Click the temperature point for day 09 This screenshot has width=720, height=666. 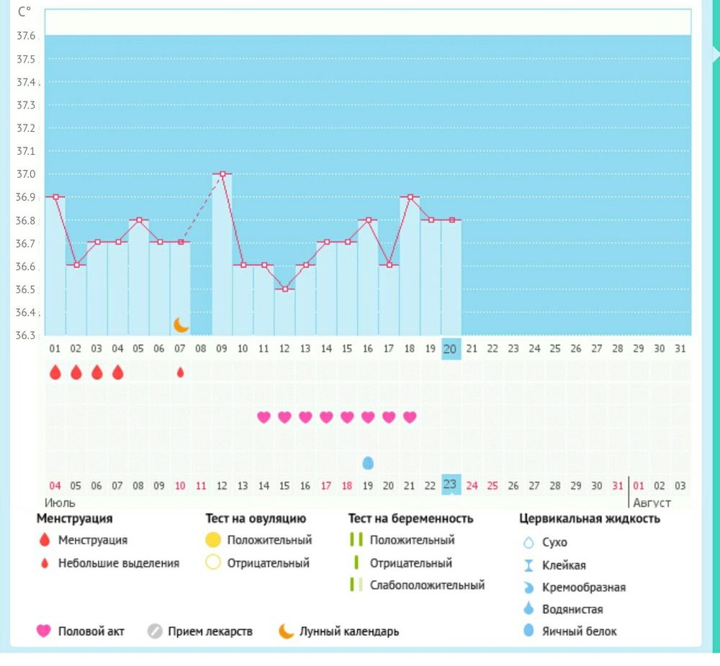(x=222, y=174)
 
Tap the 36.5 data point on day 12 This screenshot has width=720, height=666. (x=285, y=289)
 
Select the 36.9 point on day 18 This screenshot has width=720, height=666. (x=410, y=197)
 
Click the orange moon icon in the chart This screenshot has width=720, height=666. (x=181, y=325)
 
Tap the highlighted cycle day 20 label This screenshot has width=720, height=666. (x=451, y=348)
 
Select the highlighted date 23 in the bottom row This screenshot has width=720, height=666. (x=451, y=485)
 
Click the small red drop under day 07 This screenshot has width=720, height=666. (x=180, y=373)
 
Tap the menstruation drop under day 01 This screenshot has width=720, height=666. (x=55, y=372)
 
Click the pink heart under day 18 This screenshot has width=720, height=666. (x=410, y=417)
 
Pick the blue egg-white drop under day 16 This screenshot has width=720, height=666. (x=368, y=462)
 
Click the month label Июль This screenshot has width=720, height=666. (x=60, y=503)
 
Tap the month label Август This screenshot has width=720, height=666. (x=652, y=503)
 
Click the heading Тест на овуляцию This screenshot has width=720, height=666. (x=256, y=518)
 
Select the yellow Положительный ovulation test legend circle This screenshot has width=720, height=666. (x=212, y=540)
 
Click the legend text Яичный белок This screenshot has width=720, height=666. (x=579, y=631)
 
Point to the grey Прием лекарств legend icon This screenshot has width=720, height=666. (x=155, y=631)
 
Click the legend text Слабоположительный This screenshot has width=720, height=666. (x=427, y=585)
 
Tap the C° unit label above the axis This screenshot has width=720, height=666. (x=24, y=12)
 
